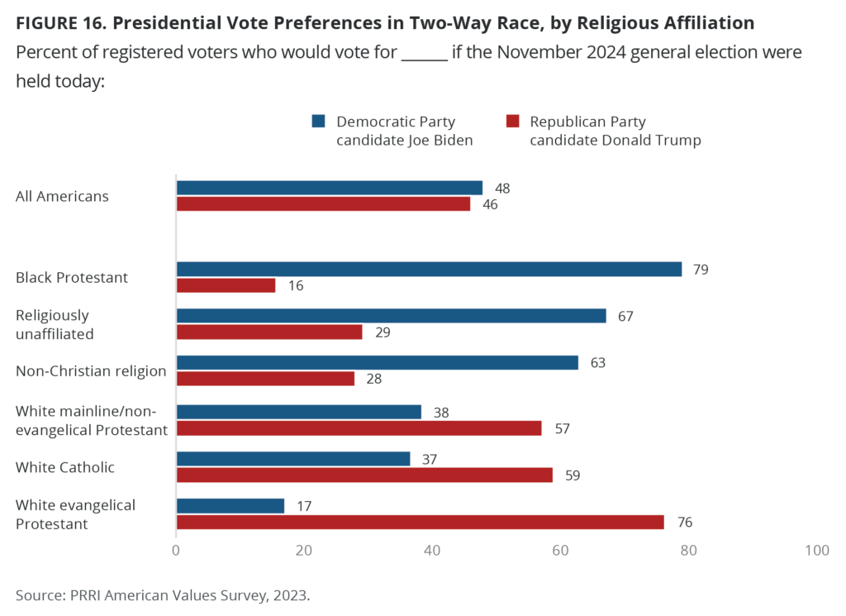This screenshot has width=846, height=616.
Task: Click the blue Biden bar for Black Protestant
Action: (x=429, y=270)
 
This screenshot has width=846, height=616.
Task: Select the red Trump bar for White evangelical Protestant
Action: (x=420, y=522)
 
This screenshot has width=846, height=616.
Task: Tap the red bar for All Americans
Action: (x=323, y=203)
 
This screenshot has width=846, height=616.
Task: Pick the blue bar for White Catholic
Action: (x=293, y=459)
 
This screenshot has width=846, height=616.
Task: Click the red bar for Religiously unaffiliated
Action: (x=269, y=332)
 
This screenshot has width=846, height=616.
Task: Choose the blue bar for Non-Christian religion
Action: (x=377, y=362)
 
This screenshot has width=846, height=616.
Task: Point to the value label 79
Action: (x=701, y=270)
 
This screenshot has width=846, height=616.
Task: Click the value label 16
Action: (x=296, y=285)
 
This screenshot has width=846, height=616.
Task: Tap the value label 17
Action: (x=303, y=505)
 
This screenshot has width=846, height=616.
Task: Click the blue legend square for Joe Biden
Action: (x=318, y=122)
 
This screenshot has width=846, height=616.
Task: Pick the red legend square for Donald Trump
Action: (x=512, y=122)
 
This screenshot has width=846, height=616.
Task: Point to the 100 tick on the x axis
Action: (x=817, y=551)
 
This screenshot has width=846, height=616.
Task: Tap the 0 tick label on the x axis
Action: (x=176, y=551)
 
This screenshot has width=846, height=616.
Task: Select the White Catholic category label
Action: (x=65, y=467)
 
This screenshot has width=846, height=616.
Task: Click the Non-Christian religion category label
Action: (x=91, y=370)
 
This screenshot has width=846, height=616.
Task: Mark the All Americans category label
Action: (x=62, y=197)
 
